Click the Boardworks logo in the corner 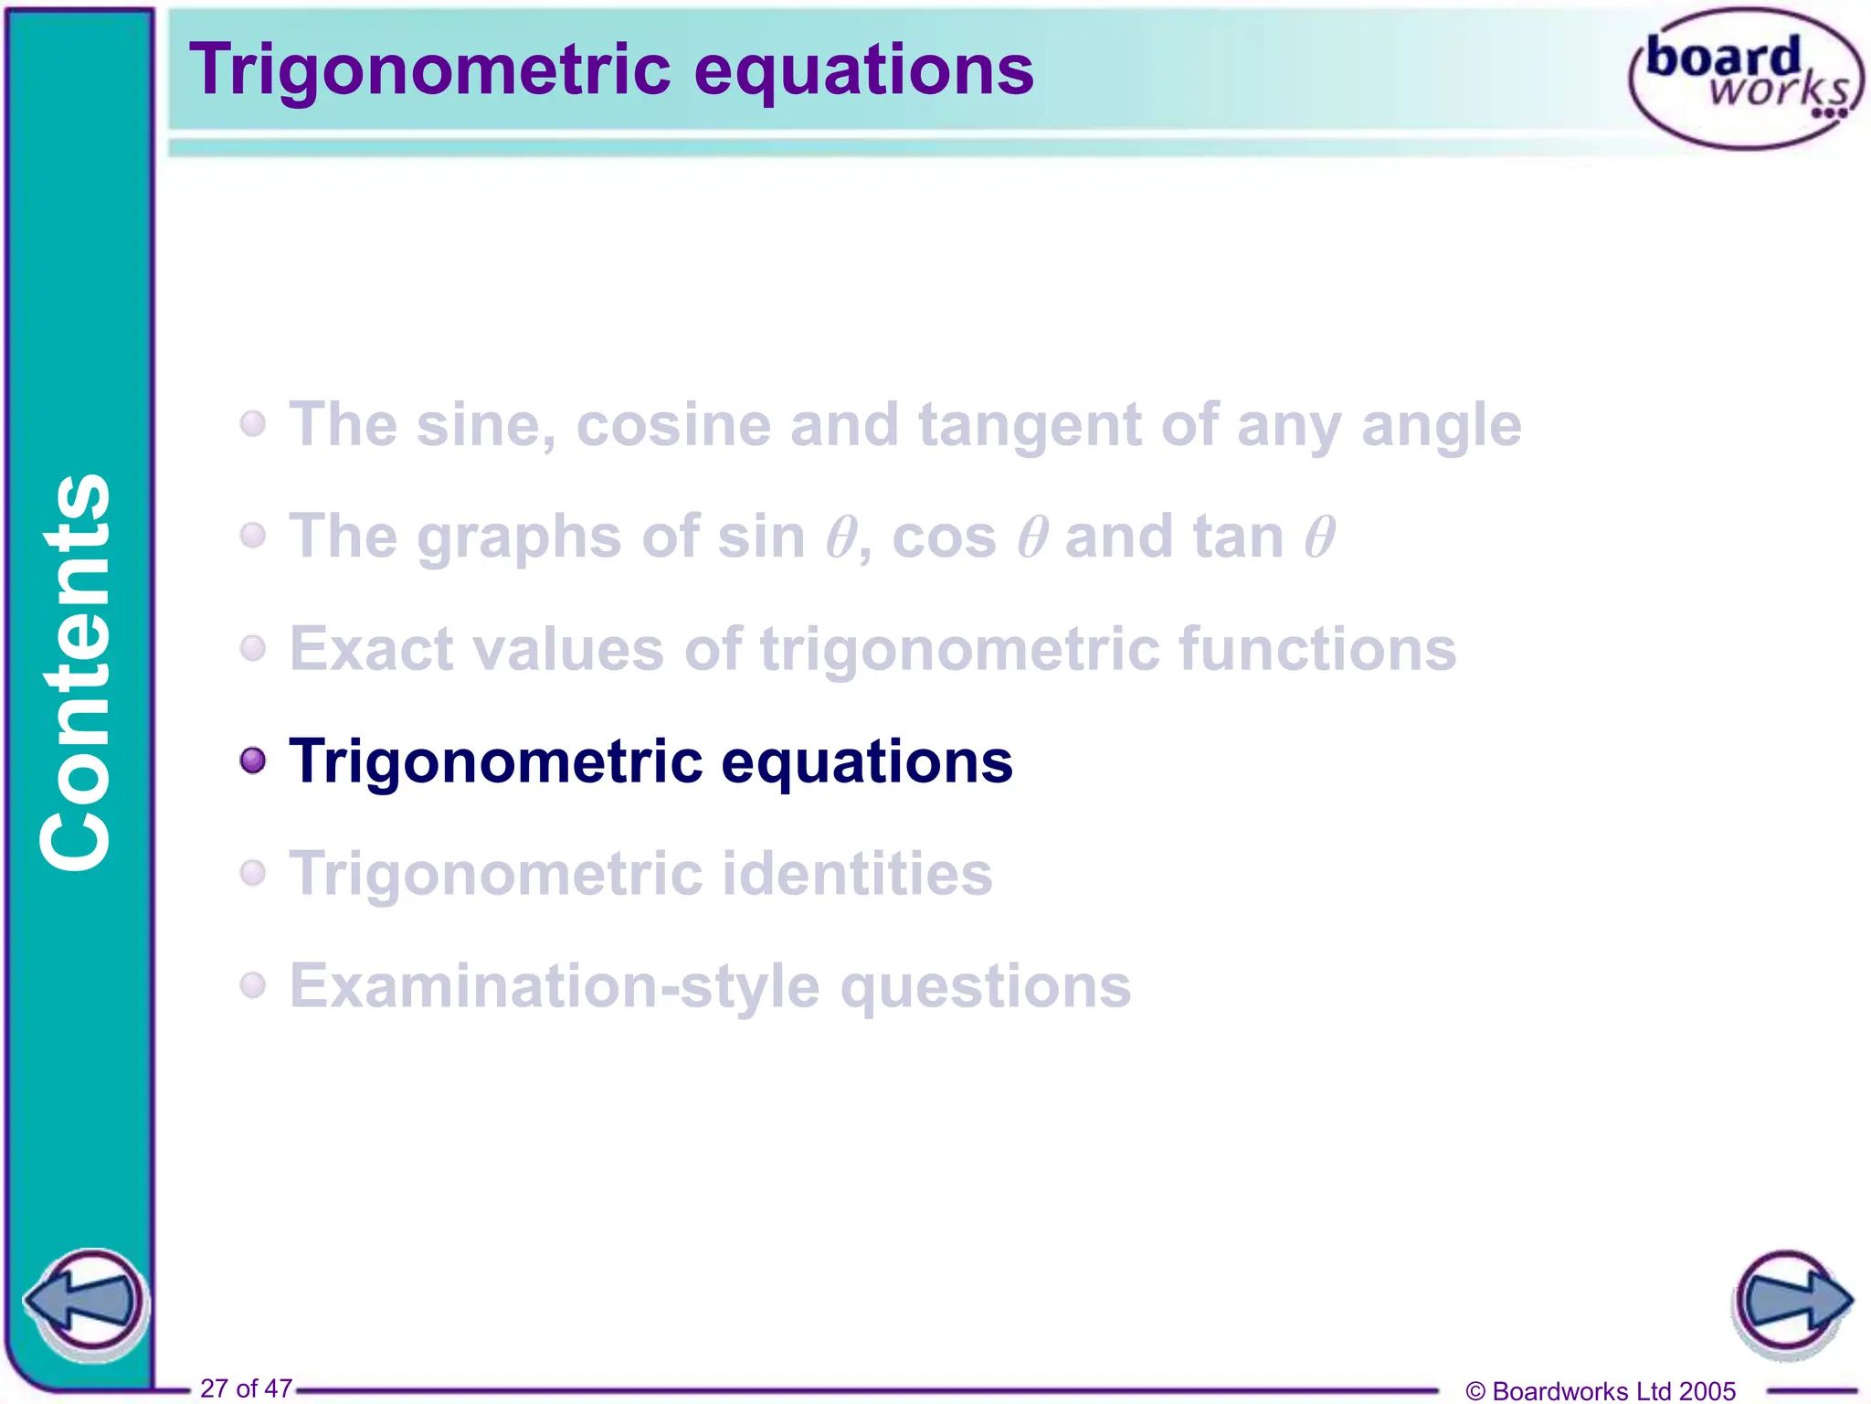click(x=1745, y=79)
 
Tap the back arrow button click(x=87, y=1302)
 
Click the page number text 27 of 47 click(x=246, y=1388)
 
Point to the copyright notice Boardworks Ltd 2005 click(x=1601, y=1390)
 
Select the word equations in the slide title click(x=863, y=70)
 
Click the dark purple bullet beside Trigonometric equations click(x=253, y=760)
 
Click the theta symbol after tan click(x=1319, y=537)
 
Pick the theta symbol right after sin click(x=840, y=537)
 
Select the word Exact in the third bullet click(x=371, y=649)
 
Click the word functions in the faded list click(x=1317, y=649)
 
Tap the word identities click(x=857, y=874)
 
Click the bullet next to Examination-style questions click(x=253, y=985)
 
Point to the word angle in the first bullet click(x=1441, y=425)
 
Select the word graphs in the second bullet click(x=519, y=538)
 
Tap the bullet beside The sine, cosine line click(x=253, y=424)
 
